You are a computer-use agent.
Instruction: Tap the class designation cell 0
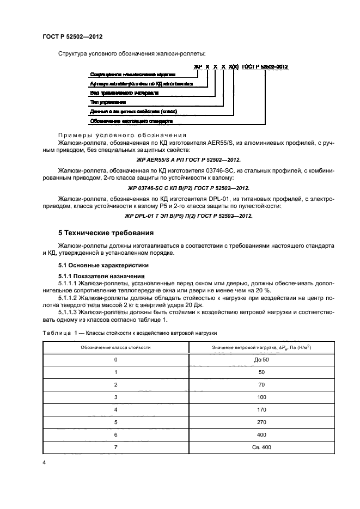[x=115, y=360]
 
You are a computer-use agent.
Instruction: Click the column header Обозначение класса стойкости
[x=115, y=346]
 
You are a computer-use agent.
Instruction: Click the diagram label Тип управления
[x=108, y=102]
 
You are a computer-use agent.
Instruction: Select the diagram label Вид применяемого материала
[x=124, y=93]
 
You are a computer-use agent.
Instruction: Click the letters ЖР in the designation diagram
[x=198, y=66]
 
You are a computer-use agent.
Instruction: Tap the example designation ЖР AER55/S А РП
[x=187, y=161]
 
